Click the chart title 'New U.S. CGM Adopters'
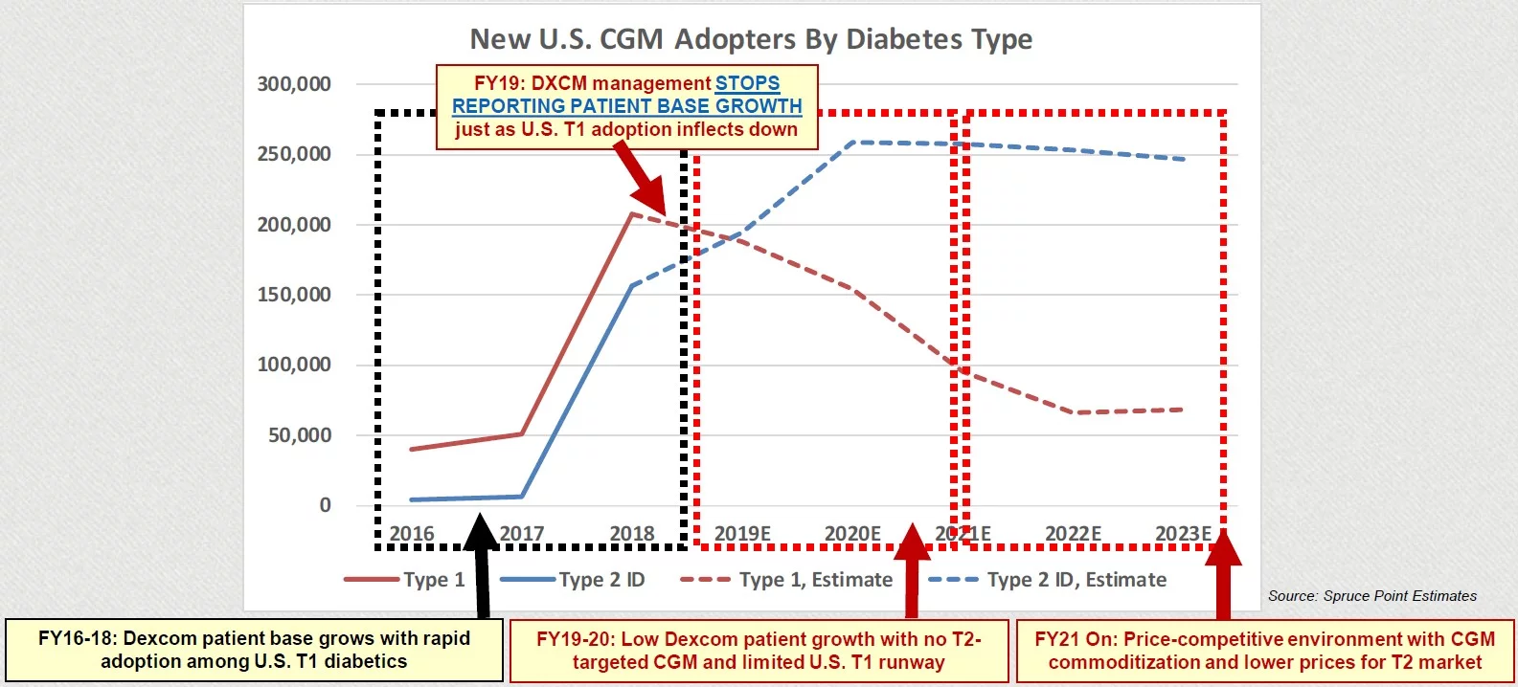[x=751, y=39]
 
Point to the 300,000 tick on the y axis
[x=294, y=84]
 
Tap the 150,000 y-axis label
[x=294, y=295]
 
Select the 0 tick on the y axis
[x=325, y=505]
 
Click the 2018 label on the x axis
[x=632, y=534]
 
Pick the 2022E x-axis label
[x=1073, y=534]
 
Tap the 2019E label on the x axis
[x=742, y=534]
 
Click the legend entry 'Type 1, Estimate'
[x=815, y=580]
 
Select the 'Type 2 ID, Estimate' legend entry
[x=1076, y=580]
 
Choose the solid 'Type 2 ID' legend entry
[x=601, y=580]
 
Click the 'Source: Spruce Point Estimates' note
[x=1371, y=596]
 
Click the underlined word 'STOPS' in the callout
[x=747, y=83]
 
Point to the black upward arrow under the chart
[x=481, y=565]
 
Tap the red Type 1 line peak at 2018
[x=632, y=213]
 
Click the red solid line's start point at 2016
[x=412, y=449]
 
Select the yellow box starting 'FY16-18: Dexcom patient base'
[x=254, y=651]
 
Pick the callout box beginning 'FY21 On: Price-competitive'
[x=1264, y=651]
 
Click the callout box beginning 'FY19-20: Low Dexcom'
[x=759, y=651]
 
